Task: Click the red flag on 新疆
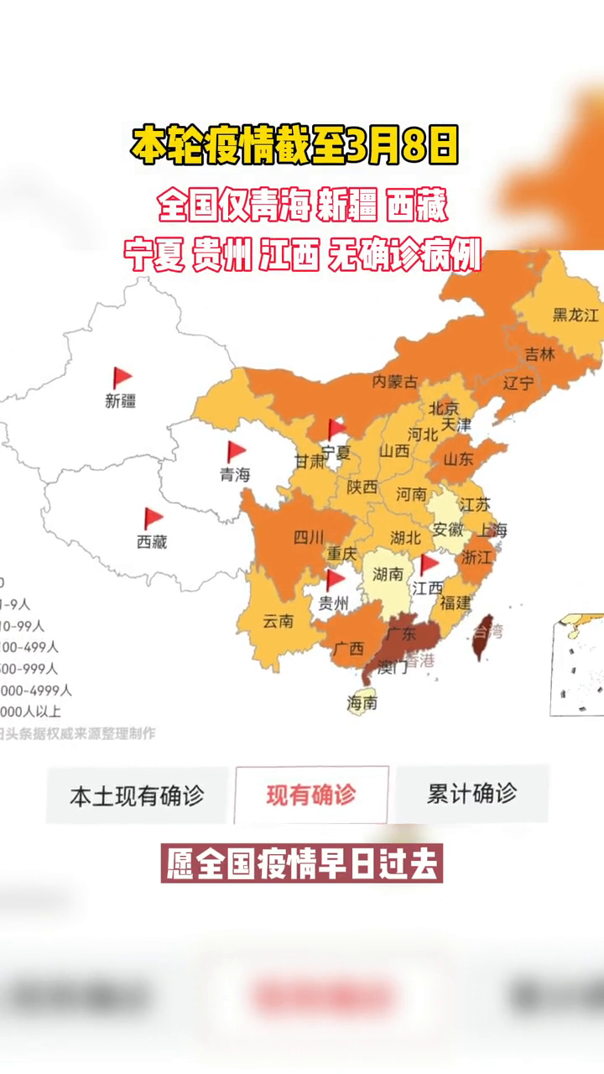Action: click(122, 378)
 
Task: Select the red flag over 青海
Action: click(236, 451)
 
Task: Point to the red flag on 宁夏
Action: click(336, 430)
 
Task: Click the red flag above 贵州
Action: click(335, 580)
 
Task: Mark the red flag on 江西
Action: click(429, 564)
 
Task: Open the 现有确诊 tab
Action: click(311, 795)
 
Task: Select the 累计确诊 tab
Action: click(471, 794)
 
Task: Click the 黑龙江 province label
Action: click(575, 315)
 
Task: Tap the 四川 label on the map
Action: click(308, 538)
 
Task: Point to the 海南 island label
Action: click(362, 703)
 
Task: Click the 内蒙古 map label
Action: click(394, 382)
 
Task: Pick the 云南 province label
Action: click(278, 622)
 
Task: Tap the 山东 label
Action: click(458, 459)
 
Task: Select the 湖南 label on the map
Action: click(388, 576)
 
